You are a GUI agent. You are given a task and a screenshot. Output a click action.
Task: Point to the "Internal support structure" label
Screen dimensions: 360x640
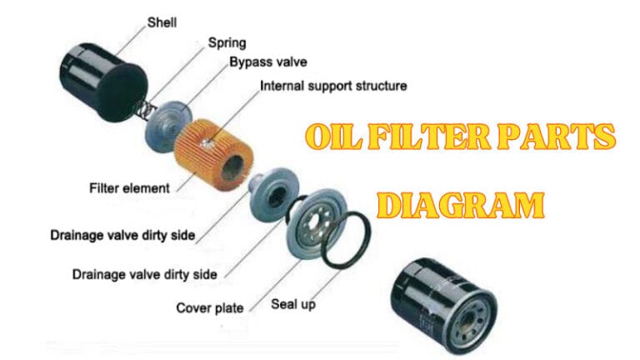tap(333, 85)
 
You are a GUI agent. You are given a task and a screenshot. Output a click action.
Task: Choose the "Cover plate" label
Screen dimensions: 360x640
tap(209, 307)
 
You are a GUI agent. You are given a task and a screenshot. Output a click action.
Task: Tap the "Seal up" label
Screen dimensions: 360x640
tap(293, 304)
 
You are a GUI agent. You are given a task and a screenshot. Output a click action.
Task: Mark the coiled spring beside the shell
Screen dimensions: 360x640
tap(143, 107)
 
